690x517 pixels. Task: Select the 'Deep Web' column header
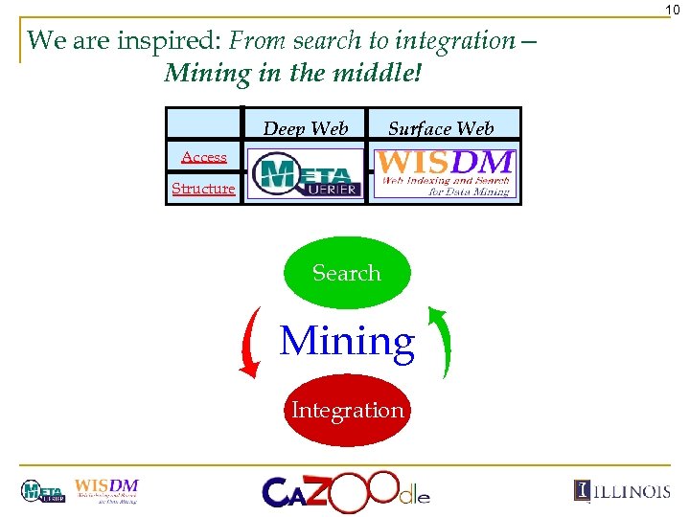pos(306,128)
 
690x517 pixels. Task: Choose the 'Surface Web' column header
pos(441,128)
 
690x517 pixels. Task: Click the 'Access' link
pos(204,157)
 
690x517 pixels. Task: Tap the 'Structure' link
pos(203,189)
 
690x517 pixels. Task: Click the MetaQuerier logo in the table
pos(306,173)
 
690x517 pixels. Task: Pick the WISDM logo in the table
pos(445,172)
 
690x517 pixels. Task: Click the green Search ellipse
pos(346,273)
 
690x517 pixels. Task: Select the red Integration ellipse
pos(347,411)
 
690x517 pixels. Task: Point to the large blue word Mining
pos(347,341)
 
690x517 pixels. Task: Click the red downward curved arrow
pos(251,342)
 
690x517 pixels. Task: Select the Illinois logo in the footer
pos(622,491)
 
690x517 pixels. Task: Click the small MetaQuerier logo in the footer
pos(43,492)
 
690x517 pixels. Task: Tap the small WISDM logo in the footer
pos(106,490)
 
